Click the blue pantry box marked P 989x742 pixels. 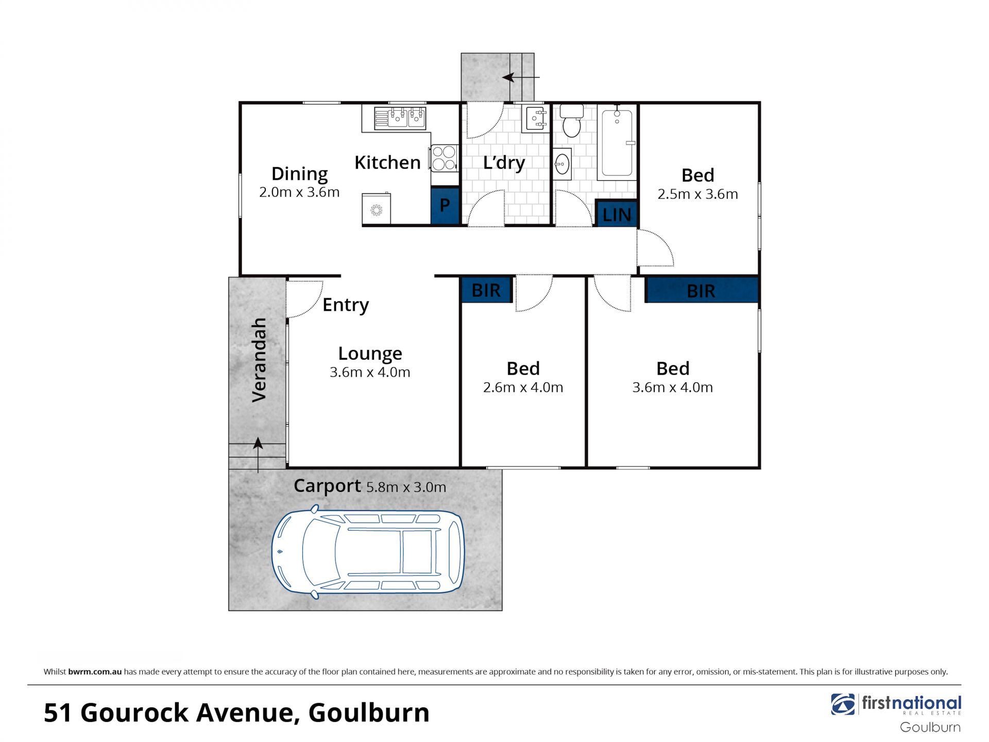(x=445, y=205)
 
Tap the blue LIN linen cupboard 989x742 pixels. (x=616, y=213)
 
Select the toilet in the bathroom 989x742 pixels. (x=571, y=121)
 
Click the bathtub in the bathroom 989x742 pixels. (x=617, y=142)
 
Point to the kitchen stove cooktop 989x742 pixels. (x=444, y=158)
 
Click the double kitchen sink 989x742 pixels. (x=400, y=117)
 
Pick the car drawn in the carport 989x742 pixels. (x=368, y=552)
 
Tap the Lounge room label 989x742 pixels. (x=370, y=353)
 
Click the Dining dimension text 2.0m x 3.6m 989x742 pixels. (x=299, y=192)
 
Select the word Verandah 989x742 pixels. (x=259, y=360)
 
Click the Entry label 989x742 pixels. (x=346, y=305)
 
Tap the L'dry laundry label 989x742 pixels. (x=504, y=163)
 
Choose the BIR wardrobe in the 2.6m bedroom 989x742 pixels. (x=486, y=290)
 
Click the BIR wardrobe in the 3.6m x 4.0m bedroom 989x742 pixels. (x=702, y=291)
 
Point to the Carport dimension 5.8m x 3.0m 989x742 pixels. (x=406, y=487)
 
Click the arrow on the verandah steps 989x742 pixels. (x=258, y=455)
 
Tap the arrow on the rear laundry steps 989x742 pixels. (x=521, y=77)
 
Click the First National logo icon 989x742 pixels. (x=843, y=704)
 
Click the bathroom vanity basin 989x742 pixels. (x=562, y=164)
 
